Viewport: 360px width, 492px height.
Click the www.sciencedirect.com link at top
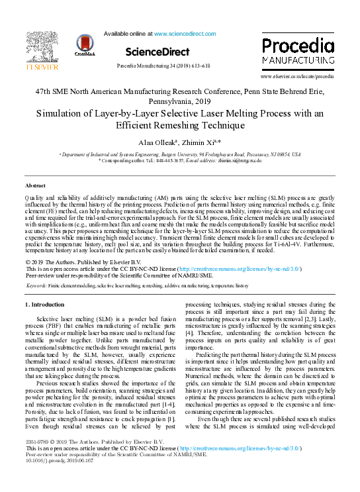click(185, 33)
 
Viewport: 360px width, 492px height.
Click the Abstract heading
click(35, 185)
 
